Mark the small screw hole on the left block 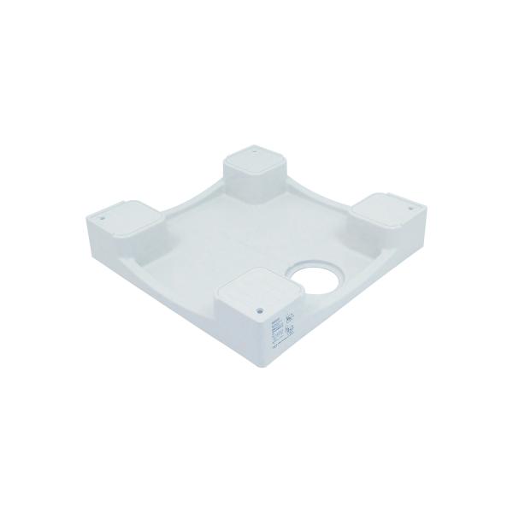coord(102,216)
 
